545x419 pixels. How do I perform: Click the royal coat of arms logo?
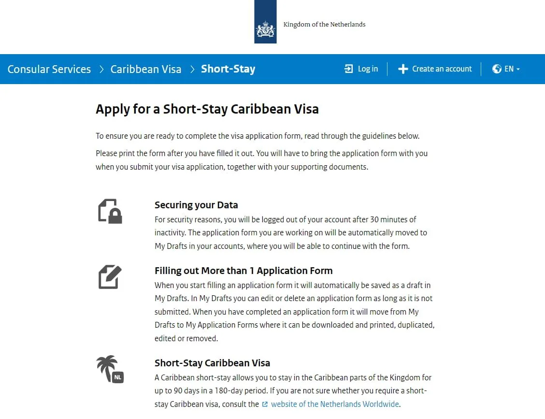point(265,30)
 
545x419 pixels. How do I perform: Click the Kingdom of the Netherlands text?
point(324,25)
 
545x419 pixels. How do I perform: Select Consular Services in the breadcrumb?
point(49,69)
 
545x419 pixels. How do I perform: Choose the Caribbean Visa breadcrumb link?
point(146,69)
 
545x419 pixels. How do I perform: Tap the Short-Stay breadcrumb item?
point(228,69)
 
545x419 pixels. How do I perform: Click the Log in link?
point(368,69)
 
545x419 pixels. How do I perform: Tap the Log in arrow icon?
point(349,69)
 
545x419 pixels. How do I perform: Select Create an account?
point(442,69)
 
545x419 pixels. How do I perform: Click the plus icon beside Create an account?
point(403,69)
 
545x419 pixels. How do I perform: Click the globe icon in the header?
point(497,69)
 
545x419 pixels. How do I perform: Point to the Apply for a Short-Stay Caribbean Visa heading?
point(207,109)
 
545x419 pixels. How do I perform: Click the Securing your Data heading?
point(196,205)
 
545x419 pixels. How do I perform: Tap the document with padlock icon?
point(110,211)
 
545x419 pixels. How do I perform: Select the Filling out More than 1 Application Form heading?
point(244,271)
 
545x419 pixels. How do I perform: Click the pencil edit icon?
point(110,277)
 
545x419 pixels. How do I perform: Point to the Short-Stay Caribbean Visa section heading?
point(212,363)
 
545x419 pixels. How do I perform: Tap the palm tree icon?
point(107,368)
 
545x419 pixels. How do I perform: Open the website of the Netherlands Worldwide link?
point(335,404)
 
